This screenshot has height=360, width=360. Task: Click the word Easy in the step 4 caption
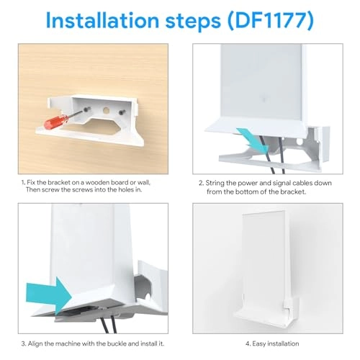click(x=252, y=343)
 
